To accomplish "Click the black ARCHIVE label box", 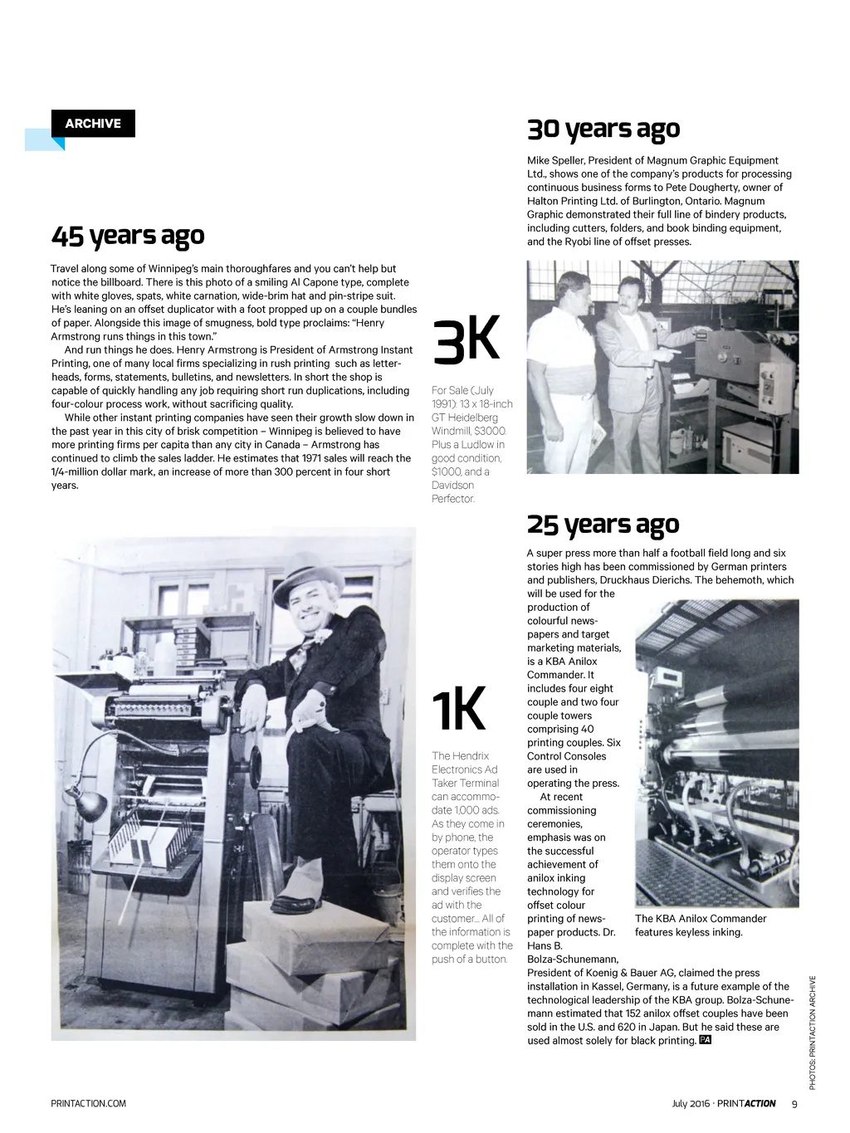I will pyautogui.click(x=93, y=124).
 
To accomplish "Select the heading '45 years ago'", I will pyautogui.click(x=128, y=236).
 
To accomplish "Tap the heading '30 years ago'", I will pyautogui.click(x=603, y=129).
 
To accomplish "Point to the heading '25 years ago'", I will pyautogui.click(x=603, y=525).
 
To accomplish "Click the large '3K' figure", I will pyautogui.click(x=467, y=340).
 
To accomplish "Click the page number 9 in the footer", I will pyautogui.click(x=794, y=1104).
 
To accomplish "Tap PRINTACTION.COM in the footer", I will pyautogui.click(x=89, y=1103).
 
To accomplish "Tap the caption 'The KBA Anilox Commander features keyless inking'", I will pyautogui.click(x=700, y=925).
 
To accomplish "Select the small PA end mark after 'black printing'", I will pyautogui.click(x=706, y=1040).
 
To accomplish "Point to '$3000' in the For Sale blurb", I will pyautogui.click(x=490, y=431).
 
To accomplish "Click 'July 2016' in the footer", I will pyautogui.click(x=691, y=1104).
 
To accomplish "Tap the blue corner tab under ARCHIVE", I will pyautogui.click(x=46, y=140).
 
